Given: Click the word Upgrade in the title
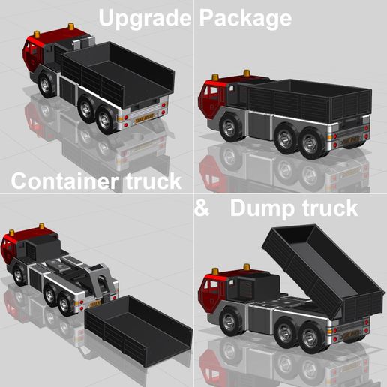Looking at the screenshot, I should pyautogui.click(x=144, y=17).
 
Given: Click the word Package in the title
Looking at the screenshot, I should pyautogui.click(x=244, y=17).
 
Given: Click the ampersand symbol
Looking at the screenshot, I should pyautogui.click(x=201, y=208).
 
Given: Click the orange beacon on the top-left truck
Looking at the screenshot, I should pyautogui.click(x=72, y=28).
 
